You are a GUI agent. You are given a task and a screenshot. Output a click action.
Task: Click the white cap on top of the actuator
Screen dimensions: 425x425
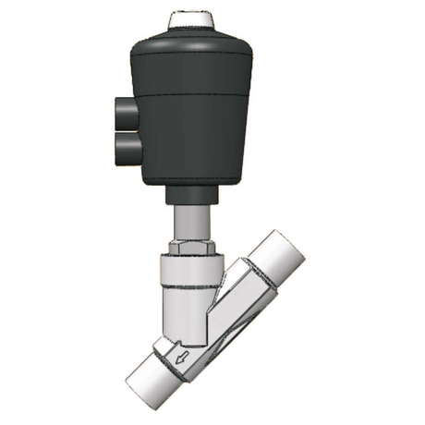click(x=193, y=18)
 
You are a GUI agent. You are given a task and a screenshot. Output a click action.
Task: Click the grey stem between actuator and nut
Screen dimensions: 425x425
click(x=192, y=222)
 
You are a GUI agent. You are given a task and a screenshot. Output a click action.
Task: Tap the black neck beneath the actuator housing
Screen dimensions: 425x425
click(x=193, y=193)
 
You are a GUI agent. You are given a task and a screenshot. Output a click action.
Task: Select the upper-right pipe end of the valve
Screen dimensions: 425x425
click(x=277, y=253)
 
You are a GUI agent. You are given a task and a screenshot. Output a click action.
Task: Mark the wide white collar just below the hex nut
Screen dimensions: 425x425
click(x=190, y=271)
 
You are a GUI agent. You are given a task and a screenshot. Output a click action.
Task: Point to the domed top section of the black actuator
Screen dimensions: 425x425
click(x=193, y=45)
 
